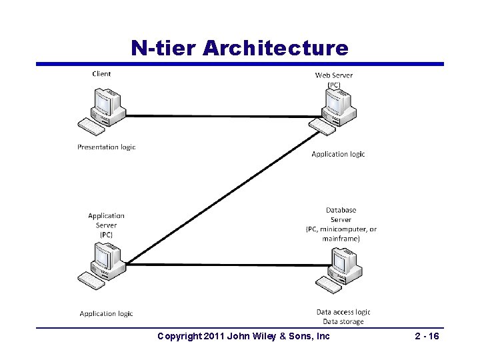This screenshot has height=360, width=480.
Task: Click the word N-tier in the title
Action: (164, 48)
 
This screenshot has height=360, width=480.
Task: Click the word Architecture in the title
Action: (275, 48)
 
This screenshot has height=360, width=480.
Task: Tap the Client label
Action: (101, 74)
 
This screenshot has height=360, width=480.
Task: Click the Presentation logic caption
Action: (106, 147)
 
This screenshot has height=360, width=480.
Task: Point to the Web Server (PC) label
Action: (334, 79)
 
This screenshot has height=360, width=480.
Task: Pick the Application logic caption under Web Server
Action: (338, 154)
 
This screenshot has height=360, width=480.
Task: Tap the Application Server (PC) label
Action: (106, 225)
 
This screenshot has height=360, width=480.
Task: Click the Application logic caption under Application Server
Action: (106, 313)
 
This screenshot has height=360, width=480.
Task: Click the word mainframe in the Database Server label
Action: (341, 239)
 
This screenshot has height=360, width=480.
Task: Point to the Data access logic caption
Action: (343, 312)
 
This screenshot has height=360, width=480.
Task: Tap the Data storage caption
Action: (343, 321)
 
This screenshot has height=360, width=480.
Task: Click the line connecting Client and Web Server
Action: (220, 116)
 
